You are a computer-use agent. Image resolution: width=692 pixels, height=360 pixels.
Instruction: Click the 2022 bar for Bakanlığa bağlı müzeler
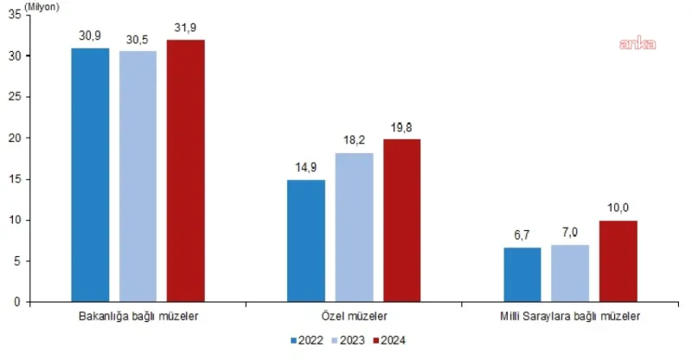[x=90, y=175]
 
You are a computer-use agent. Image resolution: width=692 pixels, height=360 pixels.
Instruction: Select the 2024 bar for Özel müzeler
[x=401, y=220]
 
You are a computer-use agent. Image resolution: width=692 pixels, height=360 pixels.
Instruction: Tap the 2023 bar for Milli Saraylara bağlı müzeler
[x=569, y=273]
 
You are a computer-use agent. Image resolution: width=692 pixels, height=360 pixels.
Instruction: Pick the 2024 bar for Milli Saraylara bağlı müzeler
[x=618, y=260]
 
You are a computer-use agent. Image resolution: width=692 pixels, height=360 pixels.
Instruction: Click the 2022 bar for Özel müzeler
[x=306, y=241]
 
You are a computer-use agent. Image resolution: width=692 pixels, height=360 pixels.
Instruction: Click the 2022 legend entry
[x=309, y=339]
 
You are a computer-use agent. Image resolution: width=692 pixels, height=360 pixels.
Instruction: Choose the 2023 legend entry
[x=348, y=339]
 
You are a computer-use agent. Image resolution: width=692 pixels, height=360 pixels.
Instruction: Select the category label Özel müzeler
[x=354, y=316]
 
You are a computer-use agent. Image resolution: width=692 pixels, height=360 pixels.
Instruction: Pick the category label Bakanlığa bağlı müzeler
[x=138, y=316]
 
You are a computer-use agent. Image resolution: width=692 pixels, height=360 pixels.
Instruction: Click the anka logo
[x=636, y=43]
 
